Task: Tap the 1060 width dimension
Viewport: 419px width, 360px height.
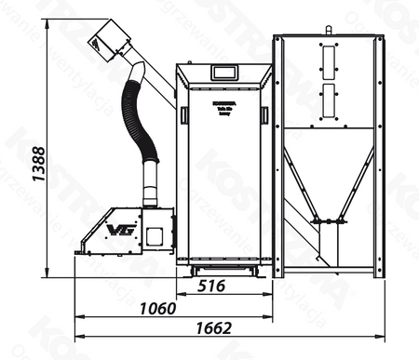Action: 159,308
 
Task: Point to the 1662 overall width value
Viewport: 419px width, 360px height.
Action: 215,328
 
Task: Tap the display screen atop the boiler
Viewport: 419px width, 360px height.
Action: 223,72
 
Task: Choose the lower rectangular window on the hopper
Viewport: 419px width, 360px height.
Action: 328,98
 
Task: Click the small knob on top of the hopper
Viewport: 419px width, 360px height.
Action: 328,30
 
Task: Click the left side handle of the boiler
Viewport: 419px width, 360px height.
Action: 184,115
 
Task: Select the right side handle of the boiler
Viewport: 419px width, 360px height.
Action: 265,114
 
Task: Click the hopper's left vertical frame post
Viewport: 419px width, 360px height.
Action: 277,153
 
